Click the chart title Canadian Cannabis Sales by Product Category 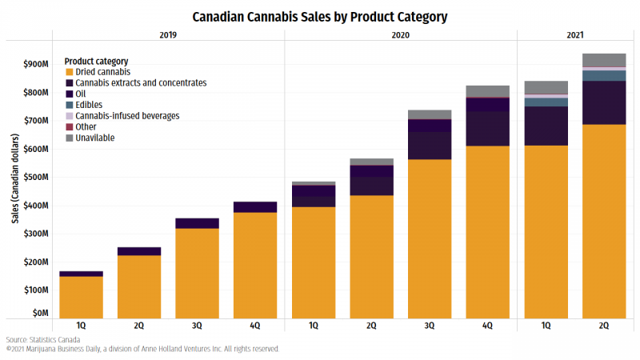(x=320, y=16)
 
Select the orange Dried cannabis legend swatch (x=68, y=72)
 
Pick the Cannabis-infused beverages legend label (x=127, y=116)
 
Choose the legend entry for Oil (x=80, y=94)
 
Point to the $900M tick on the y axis (x=35, y=64)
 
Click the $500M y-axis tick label (x=35, y=177)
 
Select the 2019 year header (x=168, y=36)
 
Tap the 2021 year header (x=574, y=36)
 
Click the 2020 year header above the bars (x=401, y=36)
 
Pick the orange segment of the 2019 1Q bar (x=81, y=297)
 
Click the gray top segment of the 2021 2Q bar (x=604, y=60)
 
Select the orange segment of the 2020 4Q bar (x=488, y=232)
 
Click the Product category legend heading (x=96, y=62)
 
